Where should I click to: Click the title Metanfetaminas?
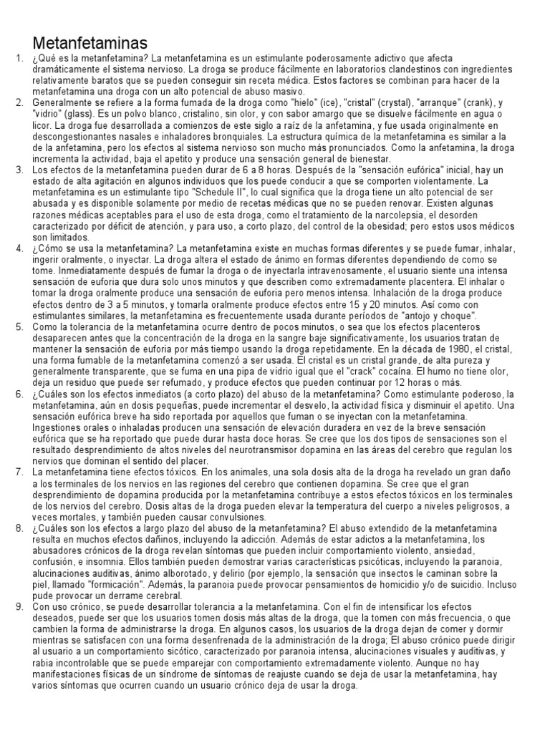[90, 42]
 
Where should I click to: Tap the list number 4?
[19, 248]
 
